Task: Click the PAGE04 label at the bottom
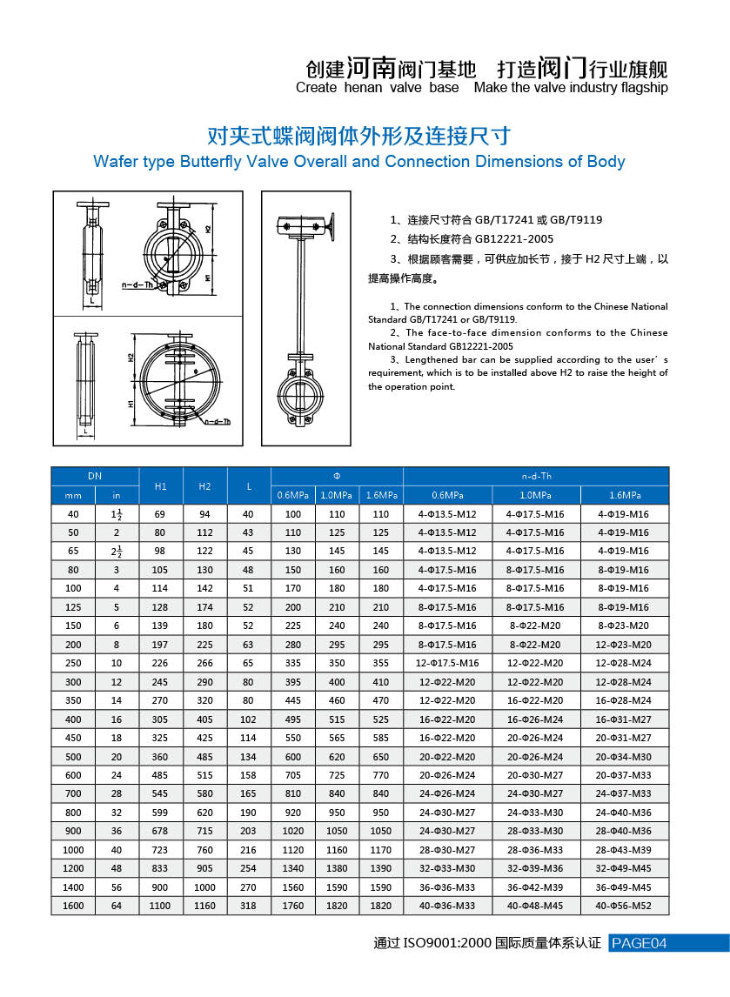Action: [x=640, y=943]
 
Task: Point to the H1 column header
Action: [x=161, y=485]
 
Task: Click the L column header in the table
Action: [x=249, y=485]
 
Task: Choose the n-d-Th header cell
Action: [x=536, y=476]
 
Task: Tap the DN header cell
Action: [x=95, y=476]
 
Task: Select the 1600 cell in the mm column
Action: [x=73, y=906]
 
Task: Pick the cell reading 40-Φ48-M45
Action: [x=535, y=906]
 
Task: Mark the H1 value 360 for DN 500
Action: [x=161, y=756]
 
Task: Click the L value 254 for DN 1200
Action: [x=249, y=868]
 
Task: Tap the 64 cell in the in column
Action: [x=117, y=906]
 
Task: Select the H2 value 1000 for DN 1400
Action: [x=204, y=887]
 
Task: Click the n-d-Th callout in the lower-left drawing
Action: [x=218, y=421]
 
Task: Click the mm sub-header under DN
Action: [x=73, y=495]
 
